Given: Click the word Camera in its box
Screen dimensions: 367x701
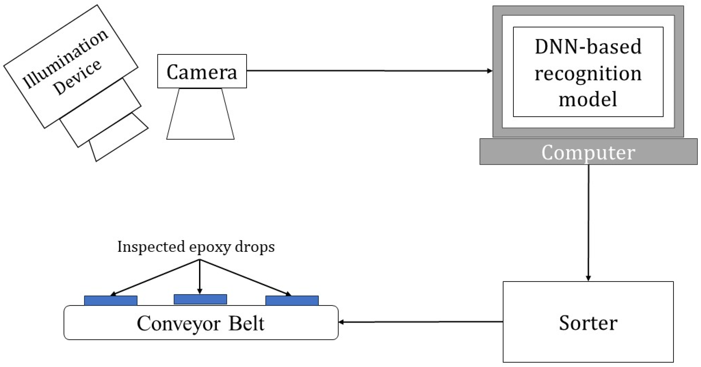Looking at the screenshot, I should (202, 72).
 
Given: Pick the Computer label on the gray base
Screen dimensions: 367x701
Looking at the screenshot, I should (588, 152).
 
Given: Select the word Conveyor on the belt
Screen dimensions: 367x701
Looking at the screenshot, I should (178, 323).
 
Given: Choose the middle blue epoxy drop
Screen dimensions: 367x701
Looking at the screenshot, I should (200, 299).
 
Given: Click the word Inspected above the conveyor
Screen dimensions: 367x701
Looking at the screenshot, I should (151, 247).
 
